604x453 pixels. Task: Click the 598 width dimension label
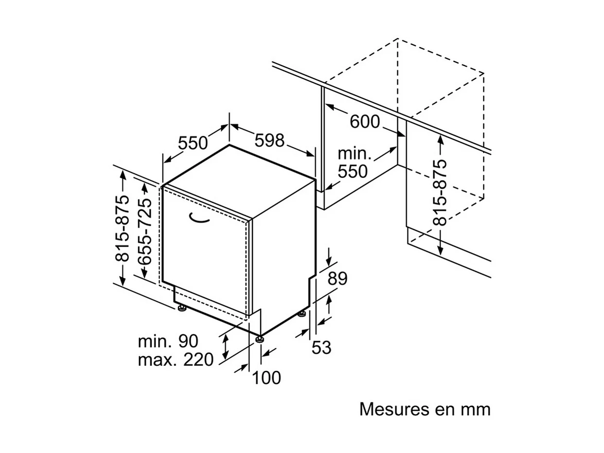point(269,141)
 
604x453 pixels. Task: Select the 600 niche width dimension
point(365,122)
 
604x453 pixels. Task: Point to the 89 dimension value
point(337,279)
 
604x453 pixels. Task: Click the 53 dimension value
point(321,348)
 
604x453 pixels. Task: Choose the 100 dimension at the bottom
point(266,378)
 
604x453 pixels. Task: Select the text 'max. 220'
point(176,360)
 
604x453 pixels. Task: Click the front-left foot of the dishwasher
point(181,308)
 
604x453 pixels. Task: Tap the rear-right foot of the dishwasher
point(302,314)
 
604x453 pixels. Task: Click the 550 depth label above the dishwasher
point(193,143)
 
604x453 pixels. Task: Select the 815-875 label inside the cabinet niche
point(439,193)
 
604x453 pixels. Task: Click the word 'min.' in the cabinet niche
point(355,154)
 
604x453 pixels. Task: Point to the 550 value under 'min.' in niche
point(353,171)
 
